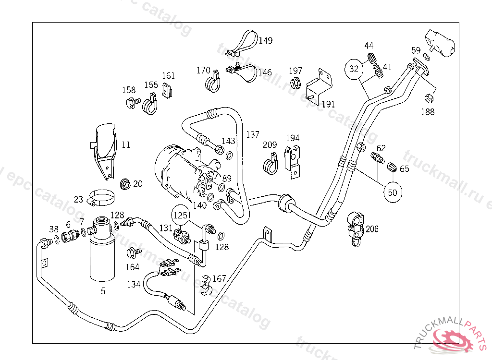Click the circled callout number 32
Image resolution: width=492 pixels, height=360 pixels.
click(354, 69)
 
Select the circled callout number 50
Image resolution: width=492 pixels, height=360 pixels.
click(393, 192)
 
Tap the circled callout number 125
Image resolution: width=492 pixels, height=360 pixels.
click(181, 216)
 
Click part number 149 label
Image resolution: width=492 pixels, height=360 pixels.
click(265, 40)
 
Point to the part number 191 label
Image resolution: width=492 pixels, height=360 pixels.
click(328, 104)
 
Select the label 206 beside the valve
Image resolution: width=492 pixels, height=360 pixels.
click(372, 229)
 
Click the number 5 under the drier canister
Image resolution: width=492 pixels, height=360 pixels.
click(103, 290)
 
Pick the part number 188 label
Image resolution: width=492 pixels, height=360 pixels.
click(427, 112)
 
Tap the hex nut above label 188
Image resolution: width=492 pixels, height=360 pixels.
click(428, 98)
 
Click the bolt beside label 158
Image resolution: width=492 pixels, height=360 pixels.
click(131, 102)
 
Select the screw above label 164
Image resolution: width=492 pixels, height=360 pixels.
click(133, 252)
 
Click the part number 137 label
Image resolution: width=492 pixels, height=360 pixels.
click(253, 134)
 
